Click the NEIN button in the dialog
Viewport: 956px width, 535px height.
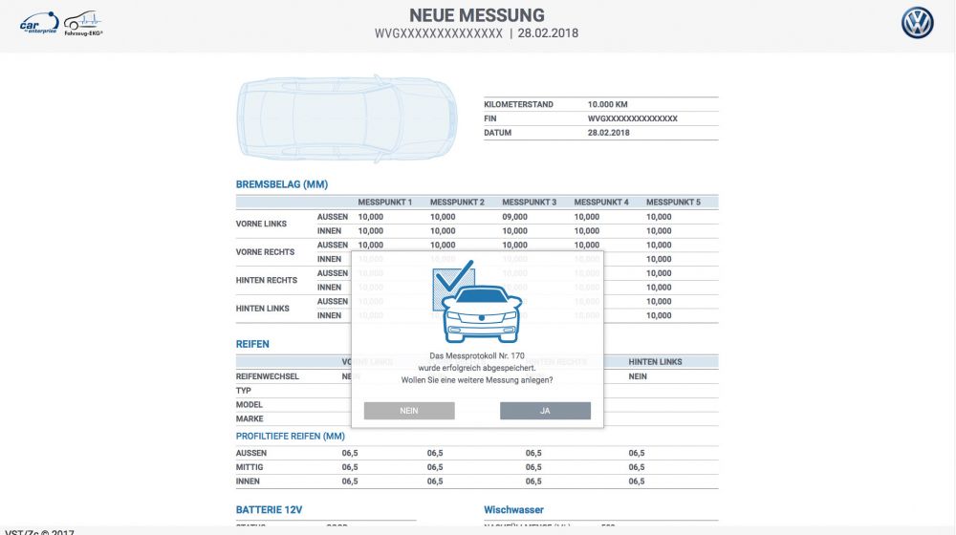(409, 411)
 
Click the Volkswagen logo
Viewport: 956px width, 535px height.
(917, 23)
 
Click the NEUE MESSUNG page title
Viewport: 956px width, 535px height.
(477, 15)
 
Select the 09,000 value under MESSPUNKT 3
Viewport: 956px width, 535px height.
(514, 217)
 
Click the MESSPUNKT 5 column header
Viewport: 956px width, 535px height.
(673, 203)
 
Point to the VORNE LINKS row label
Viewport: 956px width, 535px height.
(261, 224)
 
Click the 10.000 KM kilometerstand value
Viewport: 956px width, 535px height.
(608, 104)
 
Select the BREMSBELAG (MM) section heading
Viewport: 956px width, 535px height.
(282, 184)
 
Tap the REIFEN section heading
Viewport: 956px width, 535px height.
(252, 344)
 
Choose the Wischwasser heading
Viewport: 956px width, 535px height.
(513, 510)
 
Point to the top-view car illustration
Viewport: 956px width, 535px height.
(346, 118)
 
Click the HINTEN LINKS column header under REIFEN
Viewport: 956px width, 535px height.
(655, 362)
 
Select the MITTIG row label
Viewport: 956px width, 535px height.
(250, 467)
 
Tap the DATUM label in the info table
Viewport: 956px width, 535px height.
(498, 133)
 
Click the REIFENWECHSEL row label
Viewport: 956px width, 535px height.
(268, 376)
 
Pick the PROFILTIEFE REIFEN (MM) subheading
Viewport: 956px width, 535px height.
(291, 437)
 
